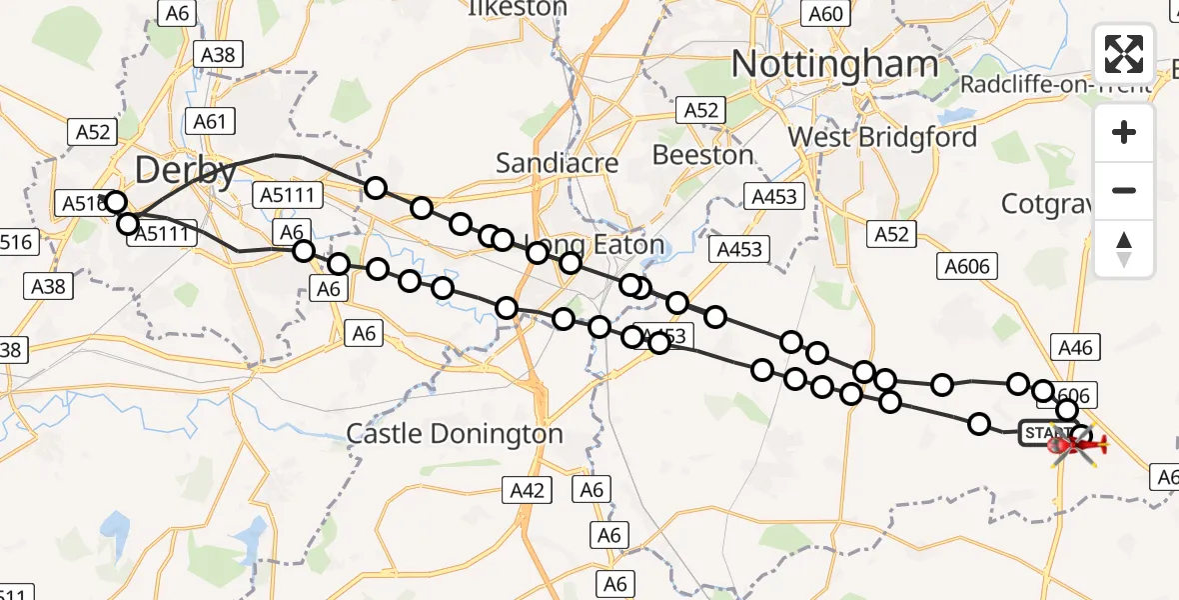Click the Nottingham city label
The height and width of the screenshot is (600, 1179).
(x=835, y=65)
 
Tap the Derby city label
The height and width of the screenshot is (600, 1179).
(x=186, y=171)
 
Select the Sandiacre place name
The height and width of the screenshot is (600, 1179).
(x=558, y=162)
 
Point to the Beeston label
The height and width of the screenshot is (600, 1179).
(x=702, y=155)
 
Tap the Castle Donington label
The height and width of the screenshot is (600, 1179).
(x=455, y=433)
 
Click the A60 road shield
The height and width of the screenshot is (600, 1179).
(x=825, y=14)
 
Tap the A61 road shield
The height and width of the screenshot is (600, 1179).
(x=210, y=122)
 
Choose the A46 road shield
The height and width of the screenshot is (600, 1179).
(x=1075, y=348)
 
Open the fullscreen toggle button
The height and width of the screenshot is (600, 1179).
(x=1124, y=54)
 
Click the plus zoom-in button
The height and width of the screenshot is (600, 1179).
(x=1124, y=132)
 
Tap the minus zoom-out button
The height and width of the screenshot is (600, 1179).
(x=1124, y=190)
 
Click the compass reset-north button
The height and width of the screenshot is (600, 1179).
(x=1124, y=248)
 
